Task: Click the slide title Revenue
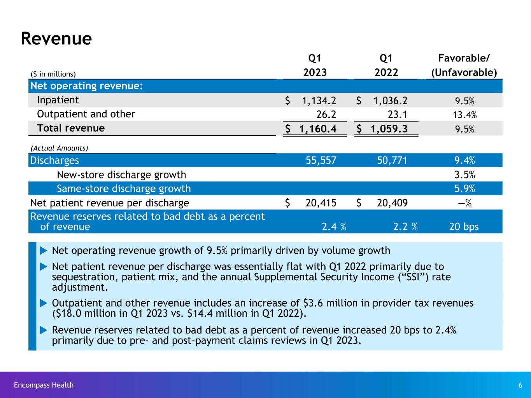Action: [x=56, y=39]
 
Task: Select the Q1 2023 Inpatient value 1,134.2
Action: [x=319, y=101]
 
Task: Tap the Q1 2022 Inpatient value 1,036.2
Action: [x=390, y=101]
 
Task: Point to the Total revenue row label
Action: [x=70, y=128]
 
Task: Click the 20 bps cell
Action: [x=464, y=227]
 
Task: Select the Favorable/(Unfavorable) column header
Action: [x=464, y=65]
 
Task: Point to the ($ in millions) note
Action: [x=53, y=74]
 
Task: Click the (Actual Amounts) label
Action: [x=59, y=148]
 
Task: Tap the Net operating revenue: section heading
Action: [x=86, y=86]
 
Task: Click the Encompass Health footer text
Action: [x=44, y=385]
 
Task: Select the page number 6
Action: [x=520, y=385]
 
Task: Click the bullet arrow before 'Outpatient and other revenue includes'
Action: [x=44, y=303]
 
